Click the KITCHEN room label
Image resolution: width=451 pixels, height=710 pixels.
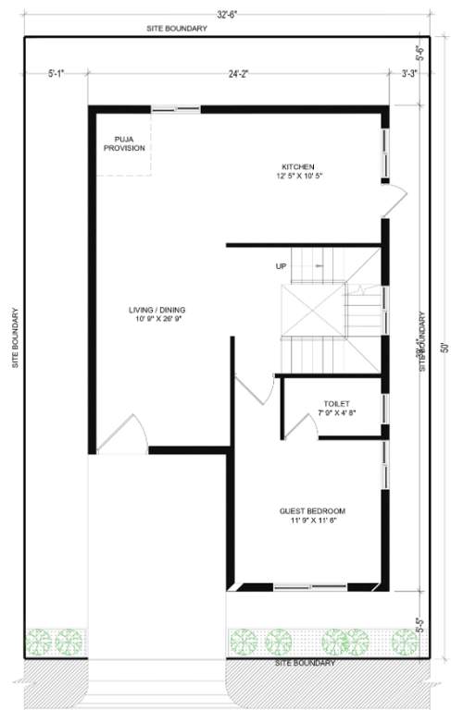[298, 168]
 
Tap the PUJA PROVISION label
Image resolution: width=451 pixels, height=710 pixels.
[124, 142]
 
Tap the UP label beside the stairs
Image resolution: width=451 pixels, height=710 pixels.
[281, 266]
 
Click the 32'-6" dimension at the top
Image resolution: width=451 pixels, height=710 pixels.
[226, 13]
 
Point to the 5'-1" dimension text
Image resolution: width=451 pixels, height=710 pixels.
[56, 72]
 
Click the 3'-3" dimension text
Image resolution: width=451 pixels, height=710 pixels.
[409, 72]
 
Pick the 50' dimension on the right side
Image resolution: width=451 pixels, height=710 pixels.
[444, 348]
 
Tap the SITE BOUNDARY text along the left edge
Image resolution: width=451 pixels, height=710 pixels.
[16, 338]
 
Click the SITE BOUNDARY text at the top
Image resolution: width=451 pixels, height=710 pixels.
[176, 29]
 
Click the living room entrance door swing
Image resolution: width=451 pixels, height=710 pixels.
[122, 435]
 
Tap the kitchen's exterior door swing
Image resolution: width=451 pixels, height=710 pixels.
[395, 194]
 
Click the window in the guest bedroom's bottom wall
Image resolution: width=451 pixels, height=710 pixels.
[310, 586]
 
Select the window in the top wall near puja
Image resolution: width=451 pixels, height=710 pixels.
[175, 109]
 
